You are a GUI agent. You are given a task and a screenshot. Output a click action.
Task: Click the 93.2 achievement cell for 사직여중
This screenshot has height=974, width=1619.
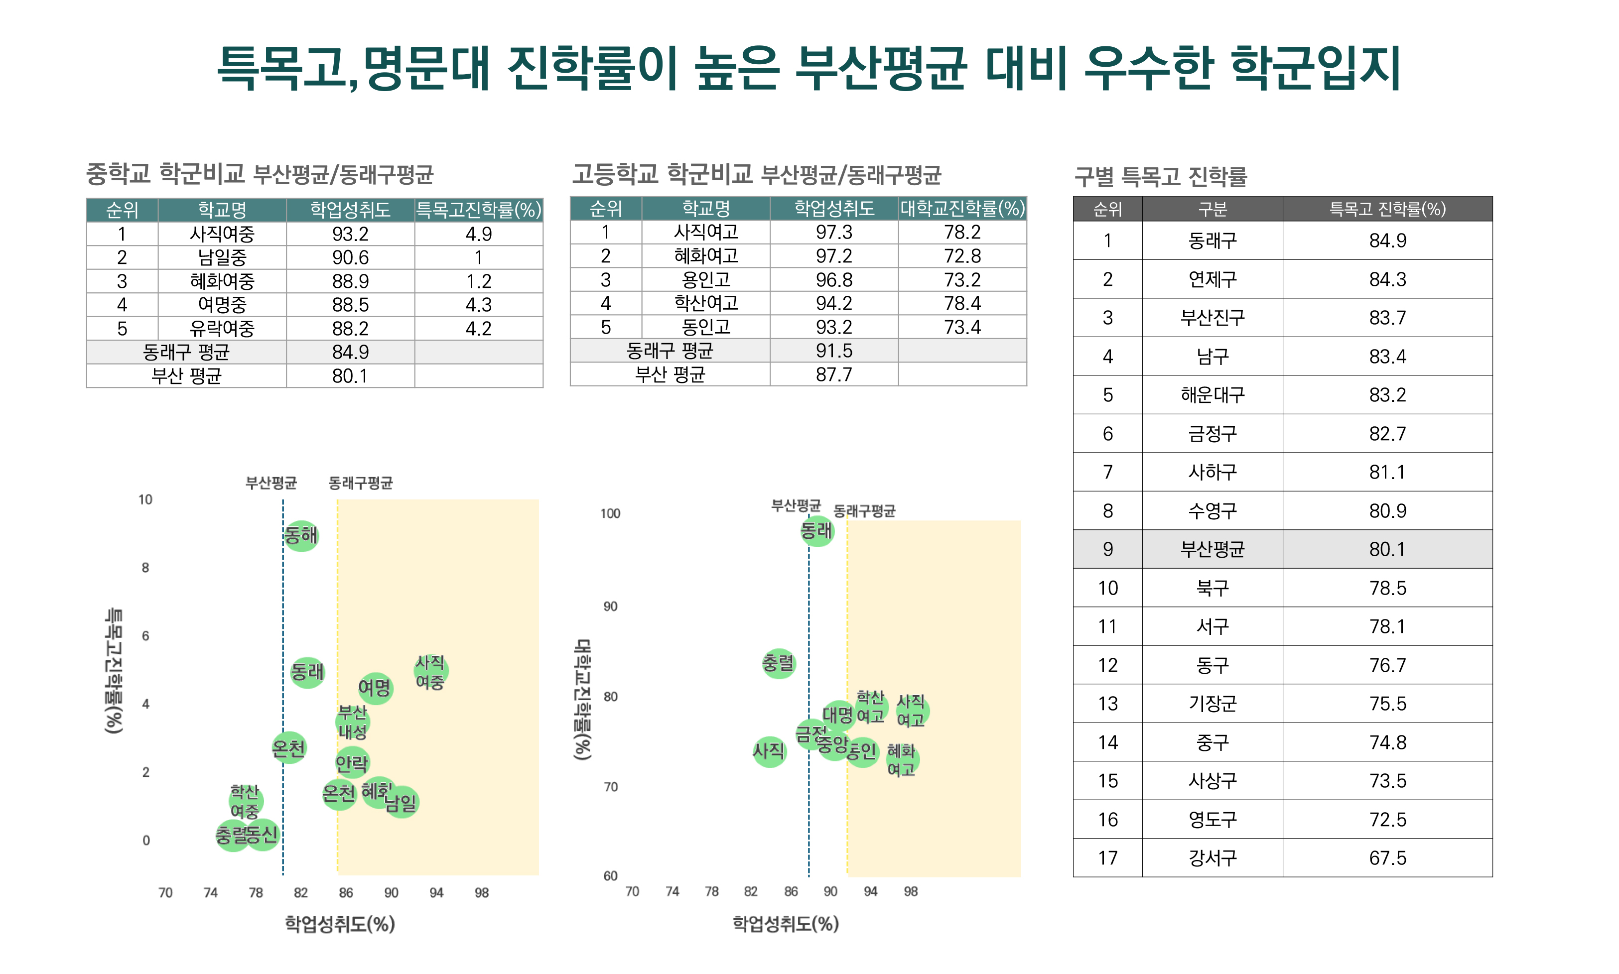pyautogui.click(x=350, y=234)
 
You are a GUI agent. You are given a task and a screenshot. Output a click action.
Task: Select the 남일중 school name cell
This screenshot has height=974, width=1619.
pyautogui.click(x=222, y=257)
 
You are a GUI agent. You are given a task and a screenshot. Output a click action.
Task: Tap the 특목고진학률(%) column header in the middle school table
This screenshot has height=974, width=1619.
pyautogui.click(x=479, y=210)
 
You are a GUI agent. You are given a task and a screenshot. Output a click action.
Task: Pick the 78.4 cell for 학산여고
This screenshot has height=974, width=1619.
pyautogui.click(x=962, y=303)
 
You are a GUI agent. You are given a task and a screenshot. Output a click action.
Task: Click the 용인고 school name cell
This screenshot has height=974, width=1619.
pyautogui.click(x=706, y=279)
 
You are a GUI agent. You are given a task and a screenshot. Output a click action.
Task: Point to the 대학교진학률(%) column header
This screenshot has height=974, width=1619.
pyautogui.click(x=962, y=209)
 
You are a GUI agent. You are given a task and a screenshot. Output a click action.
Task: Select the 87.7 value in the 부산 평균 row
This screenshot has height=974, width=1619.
pyautogui.click(x=834, y=374)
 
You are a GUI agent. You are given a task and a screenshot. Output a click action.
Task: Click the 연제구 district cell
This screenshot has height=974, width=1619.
pyautogui.click(x=1212, y=279)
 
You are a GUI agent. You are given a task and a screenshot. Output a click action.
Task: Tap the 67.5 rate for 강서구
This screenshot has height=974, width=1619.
pyautogui.click(x=1387, y=858)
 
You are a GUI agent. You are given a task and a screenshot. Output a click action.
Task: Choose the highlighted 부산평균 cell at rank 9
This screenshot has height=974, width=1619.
pyautogui.click(x=1212, y=549)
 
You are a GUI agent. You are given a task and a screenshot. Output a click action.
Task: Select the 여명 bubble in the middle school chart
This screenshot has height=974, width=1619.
pyautogui.click(x=376, y=688)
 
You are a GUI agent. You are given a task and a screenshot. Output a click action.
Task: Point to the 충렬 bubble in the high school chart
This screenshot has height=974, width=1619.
pyautogui.click(x=779, y=663)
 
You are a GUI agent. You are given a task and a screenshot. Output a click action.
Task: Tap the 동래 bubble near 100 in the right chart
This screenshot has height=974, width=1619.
pyautogui.click(x=816, y=530)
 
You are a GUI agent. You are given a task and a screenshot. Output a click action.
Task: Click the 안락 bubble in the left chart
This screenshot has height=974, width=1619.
pyautogui.click(x=352, y=763)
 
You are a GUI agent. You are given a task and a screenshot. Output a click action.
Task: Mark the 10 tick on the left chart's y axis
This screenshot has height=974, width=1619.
pyautogui.click(x=145, y=499)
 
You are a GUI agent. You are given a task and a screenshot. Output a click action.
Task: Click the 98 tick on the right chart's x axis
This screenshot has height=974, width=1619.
pyautogui.click(x=911, y=891)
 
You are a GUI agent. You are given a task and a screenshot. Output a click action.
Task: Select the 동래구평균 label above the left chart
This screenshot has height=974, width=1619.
pyautogui.click(x=361, y=484)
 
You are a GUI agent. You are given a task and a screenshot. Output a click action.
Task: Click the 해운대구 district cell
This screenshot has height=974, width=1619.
pyautogui.click(x=1212, y=395)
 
